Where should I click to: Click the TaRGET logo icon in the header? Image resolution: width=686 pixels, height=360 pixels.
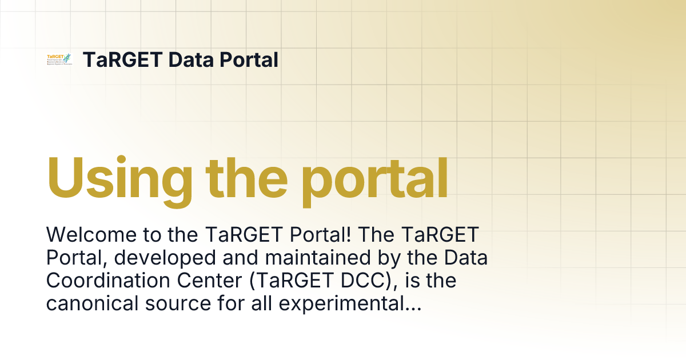[59, 59]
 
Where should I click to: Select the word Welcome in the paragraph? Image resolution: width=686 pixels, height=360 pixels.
[85, 235]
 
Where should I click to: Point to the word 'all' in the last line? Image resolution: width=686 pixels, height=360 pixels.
[258, 305]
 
